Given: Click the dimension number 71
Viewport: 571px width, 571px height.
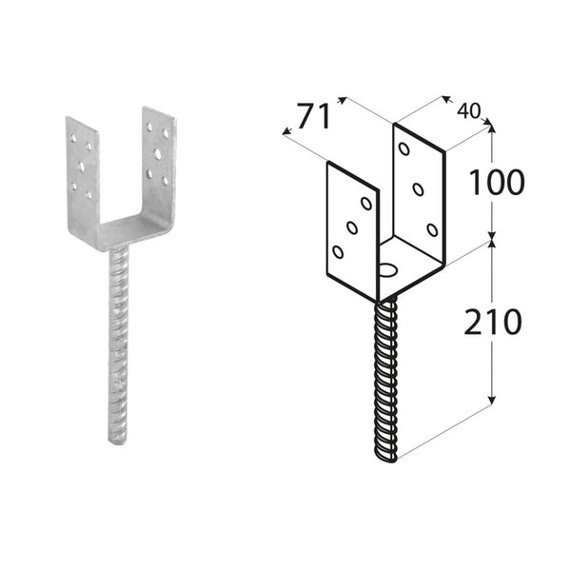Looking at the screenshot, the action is (313, 116).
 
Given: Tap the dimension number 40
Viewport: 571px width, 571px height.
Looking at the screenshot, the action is (468, 110).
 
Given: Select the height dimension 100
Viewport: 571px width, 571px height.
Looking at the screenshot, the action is (497, 182).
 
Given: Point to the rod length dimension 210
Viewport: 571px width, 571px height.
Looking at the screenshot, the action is (493, 322).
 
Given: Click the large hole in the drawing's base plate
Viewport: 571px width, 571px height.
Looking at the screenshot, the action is (388, 270).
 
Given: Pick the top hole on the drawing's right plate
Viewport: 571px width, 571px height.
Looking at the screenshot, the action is (404, 149).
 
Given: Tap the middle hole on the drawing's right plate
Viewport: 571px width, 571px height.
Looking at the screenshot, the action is (418, 189).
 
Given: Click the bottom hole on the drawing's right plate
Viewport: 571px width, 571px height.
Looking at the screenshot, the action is (432, 229).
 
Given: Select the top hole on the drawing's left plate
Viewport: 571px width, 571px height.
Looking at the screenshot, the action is (366, 204).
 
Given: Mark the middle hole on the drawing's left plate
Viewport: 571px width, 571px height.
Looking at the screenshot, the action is (352, 227).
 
